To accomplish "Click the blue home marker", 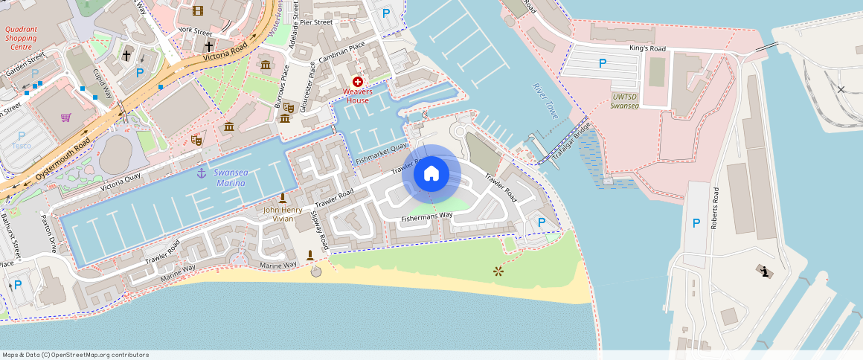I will (x=431, y=174).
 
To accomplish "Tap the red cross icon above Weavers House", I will (x=358, y=81).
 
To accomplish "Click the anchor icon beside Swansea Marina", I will (x=200, y=173).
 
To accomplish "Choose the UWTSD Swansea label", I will (x=623, y=101).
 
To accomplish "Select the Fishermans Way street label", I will (x=427, y=216).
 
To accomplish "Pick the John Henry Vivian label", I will (x=283, y=214).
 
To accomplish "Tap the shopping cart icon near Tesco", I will (x=66, y=117).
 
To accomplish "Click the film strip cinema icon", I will (x=197, y=10).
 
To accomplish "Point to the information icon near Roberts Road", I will (x=765, y=271).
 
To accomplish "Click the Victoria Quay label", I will (x=116, y=184).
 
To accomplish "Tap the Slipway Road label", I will (x=320, y=231).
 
